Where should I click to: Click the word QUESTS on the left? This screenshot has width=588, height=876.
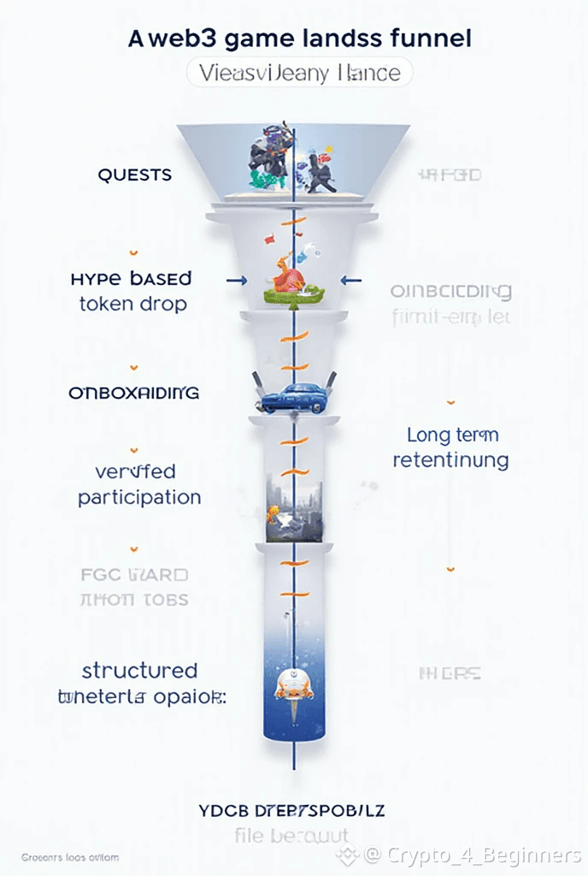(134, 175)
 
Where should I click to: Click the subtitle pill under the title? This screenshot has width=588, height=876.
(299, 73)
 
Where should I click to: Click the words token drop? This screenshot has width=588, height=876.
(132, 305)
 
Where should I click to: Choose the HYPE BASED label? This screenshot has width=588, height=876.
(132, 279)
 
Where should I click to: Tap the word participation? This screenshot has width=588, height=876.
(139, 497)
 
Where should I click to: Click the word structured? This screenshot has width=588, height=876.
(139, 670)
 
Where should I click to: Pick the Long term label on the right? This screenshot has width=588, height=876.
(452, 435)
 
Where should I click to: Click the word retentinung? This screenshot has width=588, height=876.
(450, 460)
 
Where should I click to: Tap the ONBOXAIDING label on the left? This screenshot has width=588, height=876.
(133, 394)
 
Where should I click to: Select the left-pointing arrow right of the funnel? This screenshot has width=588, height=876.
(350, 280)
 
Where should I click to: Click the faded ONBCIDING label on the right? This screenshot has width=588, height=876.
(450, 292)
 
